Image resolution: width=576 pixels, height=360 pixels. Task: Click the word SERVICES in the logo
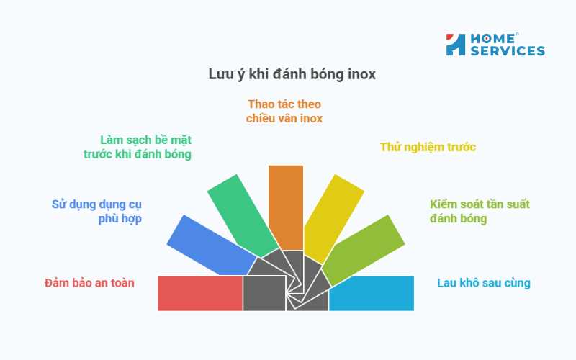click(x=507, y=51)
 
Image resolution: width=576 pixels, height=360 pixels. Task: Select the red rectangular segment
click(x=199, y=293)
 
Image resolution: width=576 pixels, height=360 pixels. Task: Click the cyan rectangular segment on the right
click(x=372, y=293)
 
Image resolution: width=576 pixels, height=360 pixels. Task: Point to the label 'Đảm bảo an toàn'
click(x=89, y=283)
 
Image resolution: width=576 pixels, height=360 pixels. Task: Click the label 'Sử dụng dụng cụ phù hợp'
click(x=96, y=211)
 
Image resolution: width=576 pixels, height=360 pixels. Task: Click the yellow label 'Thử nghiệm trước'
click(x=428, y=148)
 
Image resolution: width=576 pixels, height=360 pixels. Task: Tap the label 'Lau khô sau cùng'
click(x=484, y=283)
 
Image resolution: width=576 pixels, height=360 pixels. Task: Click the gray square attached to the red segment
click(x=264, y=293)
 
